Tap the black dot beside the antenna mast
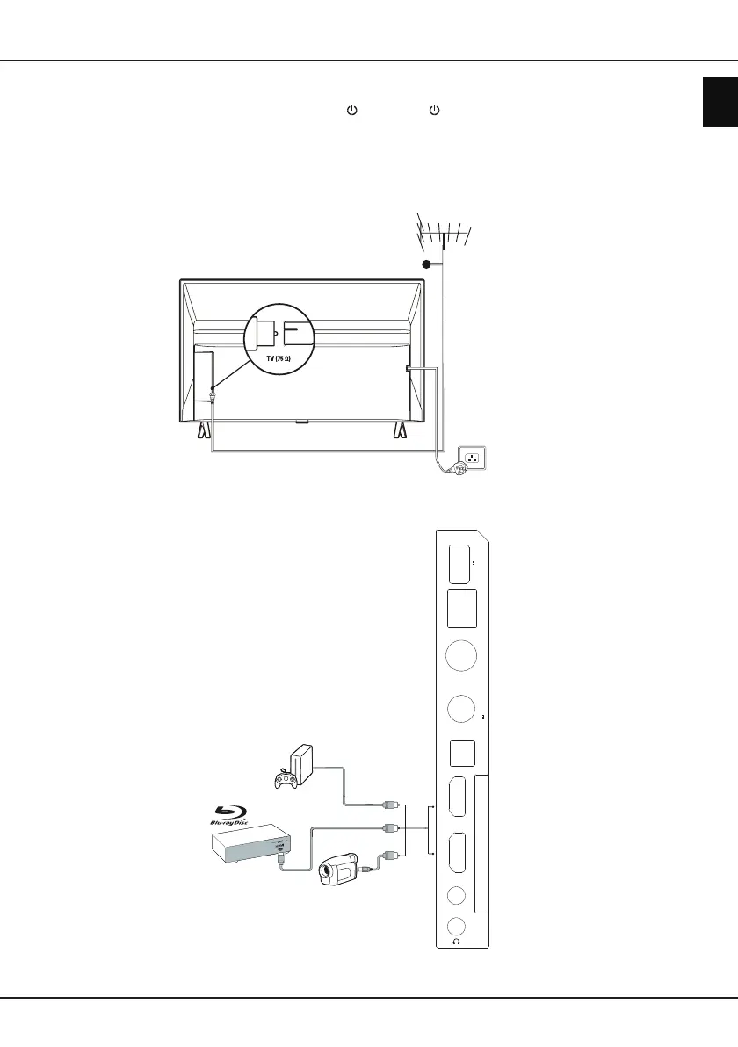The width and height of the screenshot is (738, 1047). (x=425, y=264)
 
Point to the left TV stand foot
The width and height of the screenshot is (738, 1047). (x=203, y=430)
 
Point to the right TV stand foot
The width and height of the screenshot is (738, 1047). (x=402, y=430)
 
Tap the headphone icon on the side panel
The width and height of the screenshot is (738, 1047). (x=456, y=942)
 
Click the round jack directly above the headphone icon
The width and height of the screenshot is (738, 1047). (x=456, y=926)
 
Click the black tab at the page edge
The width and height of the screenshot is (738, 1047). (x=720, y=102)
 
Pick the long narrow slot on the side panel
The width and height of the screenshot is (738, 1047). (x=482, y=844)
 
